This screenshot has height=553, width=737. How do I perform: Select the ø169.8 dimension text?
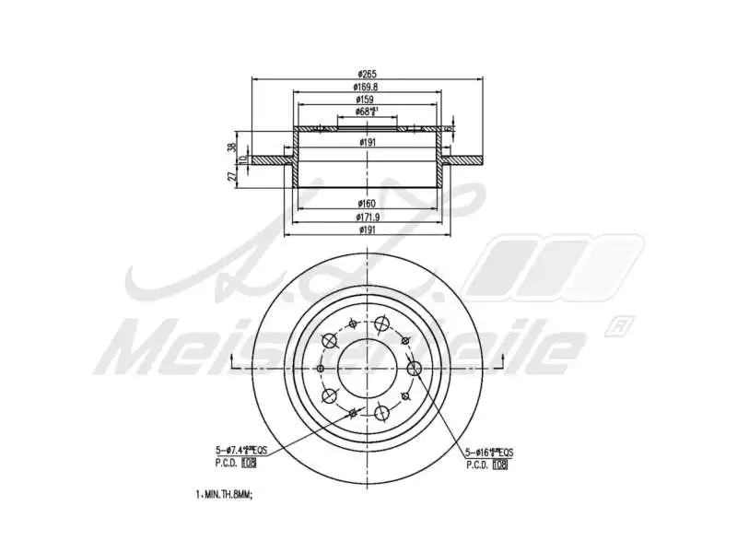click(x=368, y=87)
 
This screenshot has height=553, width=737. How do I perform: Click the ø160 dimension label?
click(x=368, y=203)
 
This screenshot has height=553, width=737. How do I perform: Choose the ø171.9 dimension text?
click(x=368, y=216)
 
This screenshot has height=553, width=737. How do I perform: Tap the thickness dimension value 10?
click(x=243, y=160)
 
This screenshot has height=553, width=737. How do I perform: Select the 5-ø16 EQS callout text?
click(x=489, y=452)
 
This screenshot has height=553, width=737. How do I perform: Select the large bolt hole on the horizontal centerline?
click(x=414, y=368)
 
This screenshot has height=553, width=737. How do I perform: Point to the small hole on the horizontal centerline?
click(x=320, y=368)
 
